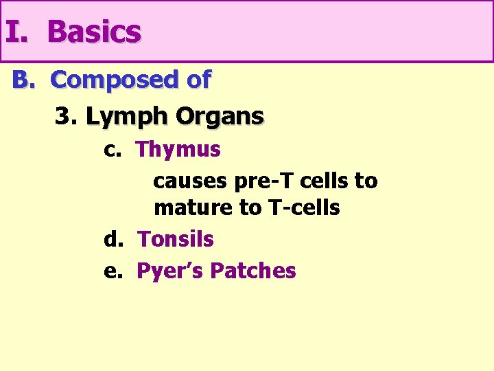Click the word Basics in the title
coord(94,32)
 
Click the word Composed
coord(114,80)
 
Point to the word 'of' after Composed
coord(198,80)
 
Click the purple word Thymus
coord(178,150)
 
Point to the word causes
coord(191,181)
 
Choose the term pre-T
coord(261,181)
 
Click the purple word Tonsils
coord(176,240)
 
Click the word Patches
coord(253,271)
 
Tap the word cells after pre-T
coord(322,181)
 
